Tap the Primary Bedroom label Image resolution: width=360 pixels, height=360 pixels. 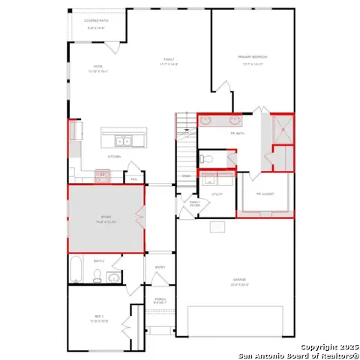252,58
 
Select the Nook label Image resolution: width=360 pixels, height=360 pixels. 97,68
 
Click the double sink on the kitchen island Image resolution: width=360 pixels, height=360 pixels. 123,140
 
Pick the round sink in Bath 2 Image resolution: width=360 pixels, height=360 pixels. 113,278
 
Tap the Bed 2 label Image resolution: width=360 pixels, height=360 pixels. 100,319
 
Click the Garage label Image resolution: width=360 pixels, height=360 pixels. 238,283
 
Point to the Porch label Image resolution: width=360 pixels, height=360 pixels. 160,299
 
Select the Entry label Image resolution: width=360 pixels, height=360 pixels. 160,267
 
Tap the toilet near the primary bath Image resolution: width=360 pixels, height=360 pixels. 207,159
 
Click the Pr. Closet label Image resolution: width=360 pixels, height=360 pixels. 265,193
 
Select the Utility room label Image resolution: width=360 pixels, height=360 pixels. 217,194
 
